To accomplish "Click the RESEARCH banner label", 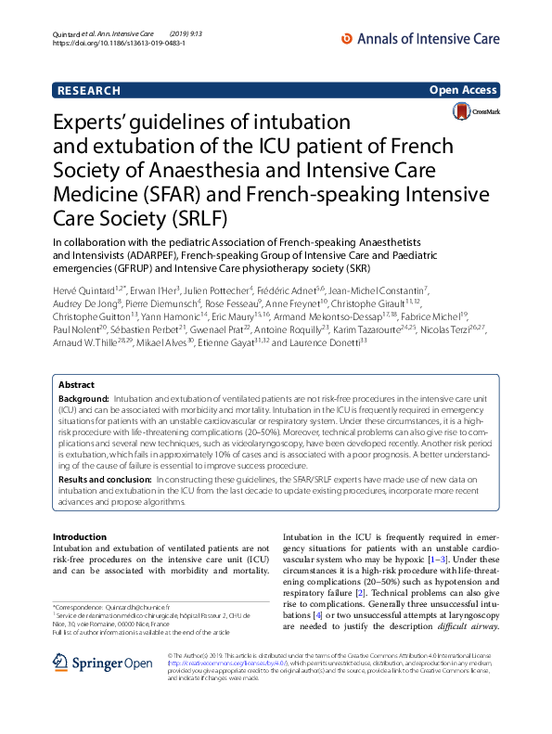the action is [89, 90].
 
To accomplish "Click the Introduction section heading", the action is [80, 537].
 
